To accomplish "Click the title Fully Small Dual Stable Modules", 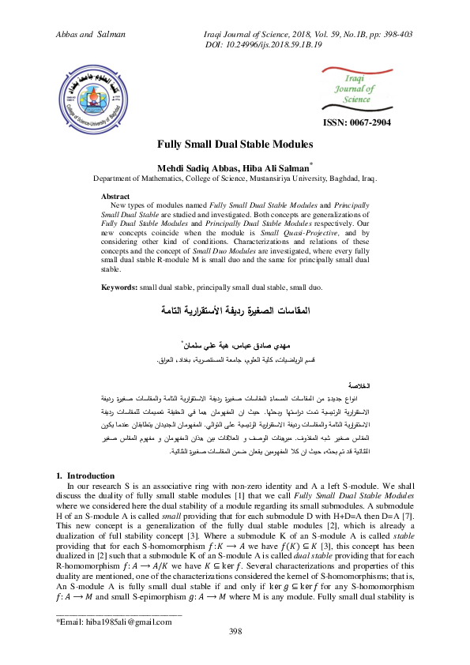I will (x=235, y=145).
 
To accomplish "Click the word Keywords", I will (x=119, y=287).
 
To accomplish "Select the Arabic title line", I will (x=235, y=309).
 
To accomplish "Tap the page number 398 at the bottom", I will (x=235, y=630).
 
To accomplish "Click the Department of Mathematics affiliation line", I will (x=235, y=178).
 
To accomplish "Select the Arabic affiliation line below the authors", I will (x=235, y=360).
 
